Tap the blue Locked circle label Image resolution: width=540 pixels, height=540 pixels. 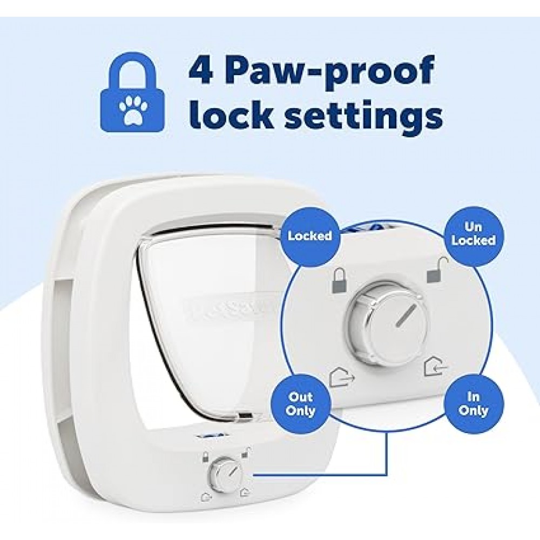coord(309,236)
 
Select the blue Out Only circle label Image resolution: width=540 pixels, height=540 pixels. coord(301,403)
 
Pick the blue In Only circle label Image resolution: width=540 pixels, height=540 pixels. coord(473,403)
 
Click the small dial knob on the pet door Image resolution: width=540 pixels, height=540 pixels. coord(223,475)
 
